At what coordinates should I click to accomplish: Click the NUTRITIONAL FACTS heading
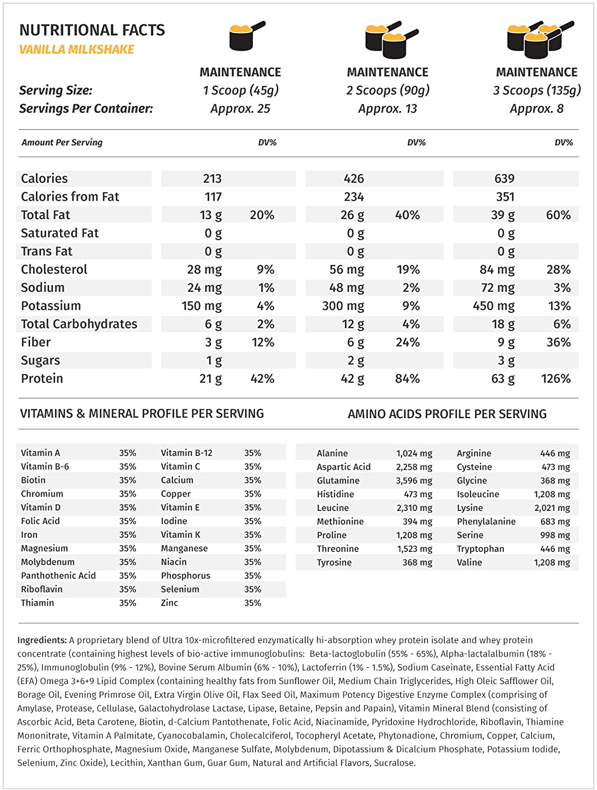[x=92, y=30]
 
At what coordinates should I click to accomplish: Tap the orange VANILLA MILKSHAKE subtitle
[x=76, y=50]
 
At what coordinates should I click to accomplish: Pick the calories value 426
[x=354, y=179]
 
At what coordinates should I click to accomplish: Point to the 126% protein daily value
[x=555, y=379]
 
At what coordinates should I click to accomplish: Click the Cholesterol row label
[x=54, y=270]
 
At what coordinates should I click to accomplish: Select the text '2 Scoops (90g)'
[x=388, y=90]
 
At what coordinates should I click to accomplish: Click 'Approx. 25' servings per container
[x=240, y=108]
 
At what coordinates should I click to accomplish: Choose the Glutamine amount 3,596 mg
[x=414, y=481]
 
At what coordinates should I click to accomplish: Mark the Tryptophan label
[x=480, y=549]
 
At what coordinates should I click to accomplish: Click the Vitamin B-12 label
[x=187, y=453]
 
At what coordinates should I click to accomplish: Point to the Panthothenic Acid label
[x=58, y=576]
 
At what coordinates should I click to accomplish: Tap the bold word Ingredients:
[x=42, y=640]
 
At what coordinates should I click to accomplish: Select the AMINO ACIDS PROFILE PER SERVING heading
[x=447, y=414]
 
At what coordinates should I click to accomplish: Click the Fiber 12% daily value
[x=262, y=342]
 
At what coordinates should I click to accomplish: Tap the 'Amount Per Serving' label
[x=62, y=142]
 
